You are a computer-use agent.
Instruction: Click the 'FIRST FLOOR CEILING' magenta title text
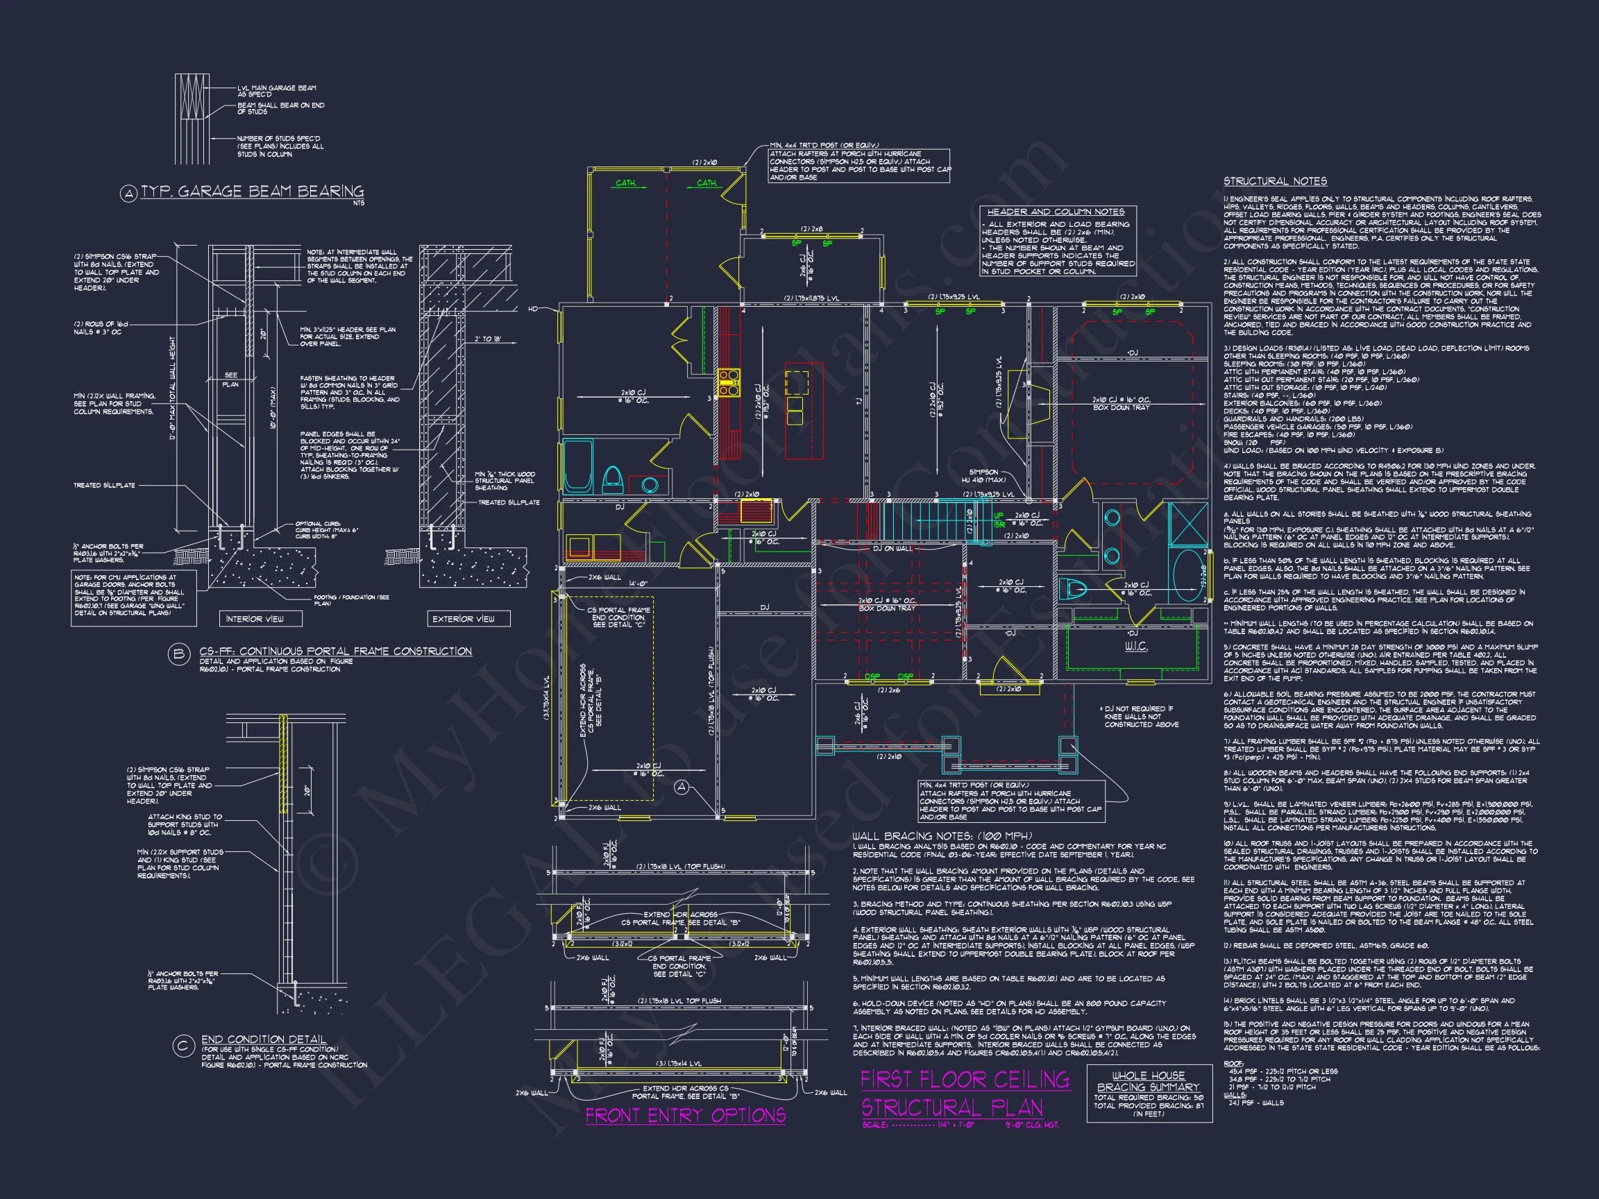[x=964, y=1080]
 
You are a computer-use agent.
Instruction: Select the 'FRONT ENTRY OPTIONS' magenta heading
[x=684, y=1115]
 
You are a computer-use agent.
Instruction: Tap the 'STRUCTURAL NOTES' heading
[x=1274, y=181]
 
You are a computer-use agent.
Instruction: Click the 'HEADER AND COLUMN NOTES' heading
[x=1056, y=212]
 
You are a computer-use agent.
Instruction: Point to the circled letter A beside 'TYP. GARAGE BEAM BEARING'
[x=128, y=194]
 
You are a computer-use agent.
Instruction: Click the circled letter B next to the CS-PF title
[x=178, y=655]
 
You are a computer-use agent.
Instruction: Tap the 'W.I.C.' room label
[x=1135, y=646]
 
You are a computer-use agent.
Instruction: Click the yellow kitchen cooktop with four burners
[x=728, y=383]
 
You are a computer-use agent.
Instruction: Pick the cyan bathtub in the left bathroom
[x=577, y=466]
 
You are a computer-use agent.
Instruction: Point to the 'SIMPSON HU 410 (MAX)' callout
[x=983, y=475]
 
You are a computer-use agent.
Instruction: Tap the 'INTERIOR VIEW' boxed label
[x=255, y=619]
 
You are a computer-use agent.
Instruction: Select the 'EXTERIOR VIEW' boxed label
[x=464, y=619]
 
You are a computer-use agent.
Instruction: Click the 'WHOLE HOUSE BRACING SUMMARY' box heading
[x=1148, y=1081]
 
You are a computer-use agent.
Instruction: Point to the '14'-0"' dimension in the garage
[x=637, y=584]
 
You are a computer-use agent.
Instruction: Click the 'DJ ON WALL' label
[x=892, y=549]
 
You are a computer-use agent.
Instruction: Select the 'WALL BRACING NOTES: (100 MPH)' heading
[x=942, y=836]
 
